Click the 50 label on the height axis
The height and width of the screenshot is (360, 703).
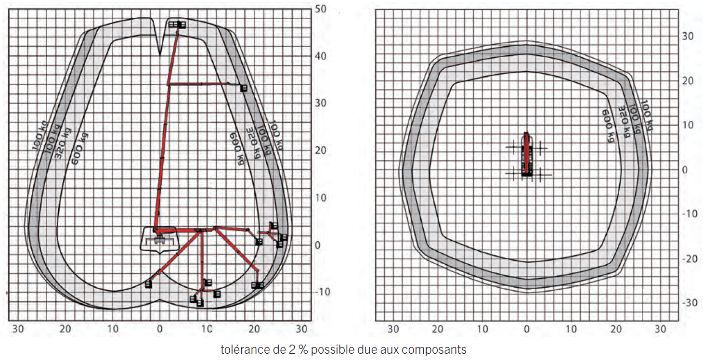pos(321,9)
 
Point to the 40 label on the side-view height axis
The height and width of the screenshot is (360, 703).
pos(321,56)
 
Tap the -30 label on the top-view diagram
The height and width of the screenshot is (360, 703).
pos(690,303)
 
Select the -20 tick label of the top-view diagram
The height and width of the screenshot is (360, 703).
pos(690,259)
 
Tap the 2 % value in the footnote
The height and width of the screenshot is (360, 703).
pos(298,349)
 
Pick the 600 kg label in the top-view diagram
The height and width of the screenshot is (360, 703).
pos(608,126)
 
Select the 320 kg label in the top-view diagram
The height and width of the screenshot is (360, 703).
pos(624,122)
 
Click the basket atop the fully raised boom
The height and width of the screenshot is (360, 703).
pos(177,25)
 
